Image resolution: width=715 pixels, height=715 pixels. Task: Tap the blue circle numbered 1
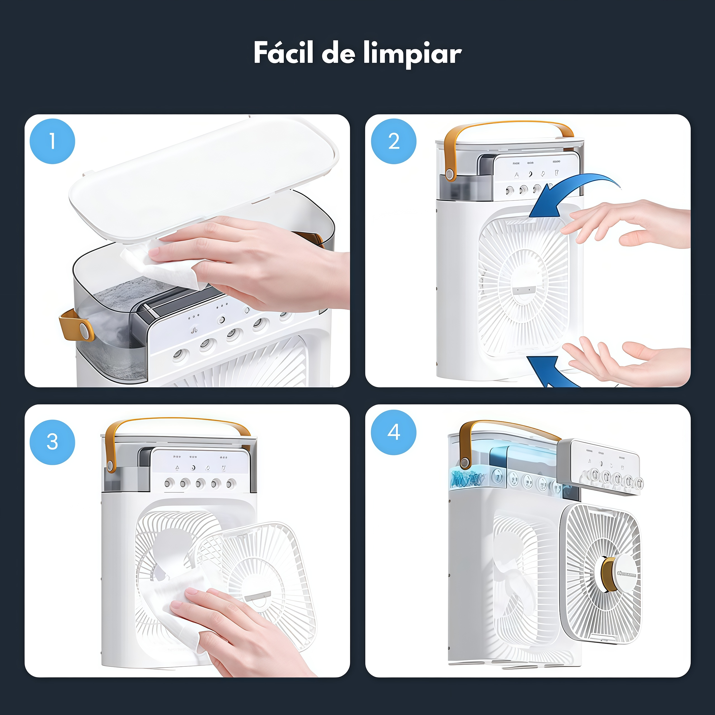[52, 141]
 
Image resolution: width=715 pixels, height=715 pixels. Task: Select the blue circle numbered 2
[394, 141]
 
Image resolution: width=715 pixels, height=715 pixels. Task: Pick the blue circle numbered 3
[52, 442]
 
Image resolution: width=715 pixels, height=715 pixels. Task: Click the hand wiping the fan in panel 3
[237, 629]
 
